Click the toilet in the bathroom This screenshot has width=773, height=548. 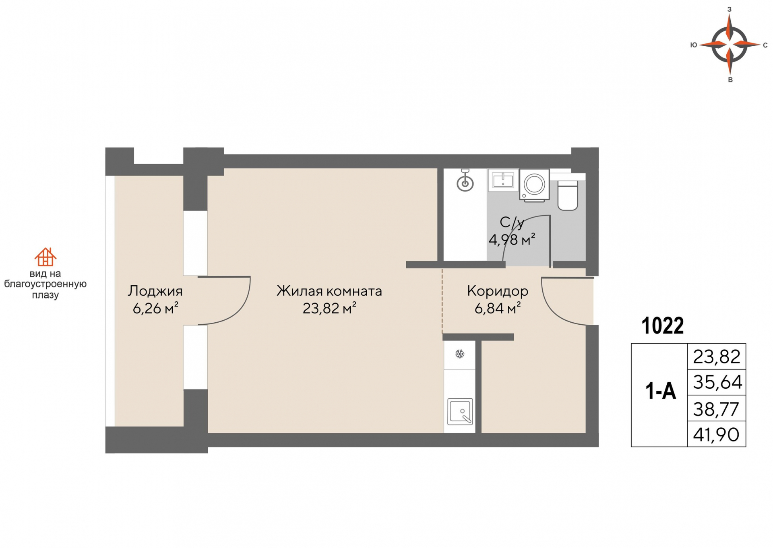click(568, 196)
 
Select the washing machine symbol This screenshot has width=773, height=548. click(535, 185)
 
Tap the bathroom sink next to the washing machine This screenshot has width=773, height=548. click(503, 180)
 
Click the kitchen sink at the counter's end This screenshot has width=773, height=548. click(460, 412)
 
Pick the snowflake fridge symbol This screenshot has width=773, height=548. click(460, 354)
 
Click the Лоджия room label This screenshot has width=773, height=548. click(155, 291)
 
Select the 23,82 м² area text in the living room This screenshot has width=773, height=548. click(329, 309)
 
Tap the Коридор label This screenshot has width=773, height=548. click(498, 291)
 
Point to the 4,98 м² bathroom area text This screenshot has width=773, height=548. click(512, 240)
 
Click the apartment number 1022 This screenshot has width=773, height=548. click(662, 326)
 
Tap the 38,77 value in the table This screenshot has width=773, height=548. click(716, 409)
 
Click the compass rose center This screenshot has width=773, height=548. click(730, 44)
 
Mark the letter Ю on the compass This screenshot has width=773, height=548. click(693, 45)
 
